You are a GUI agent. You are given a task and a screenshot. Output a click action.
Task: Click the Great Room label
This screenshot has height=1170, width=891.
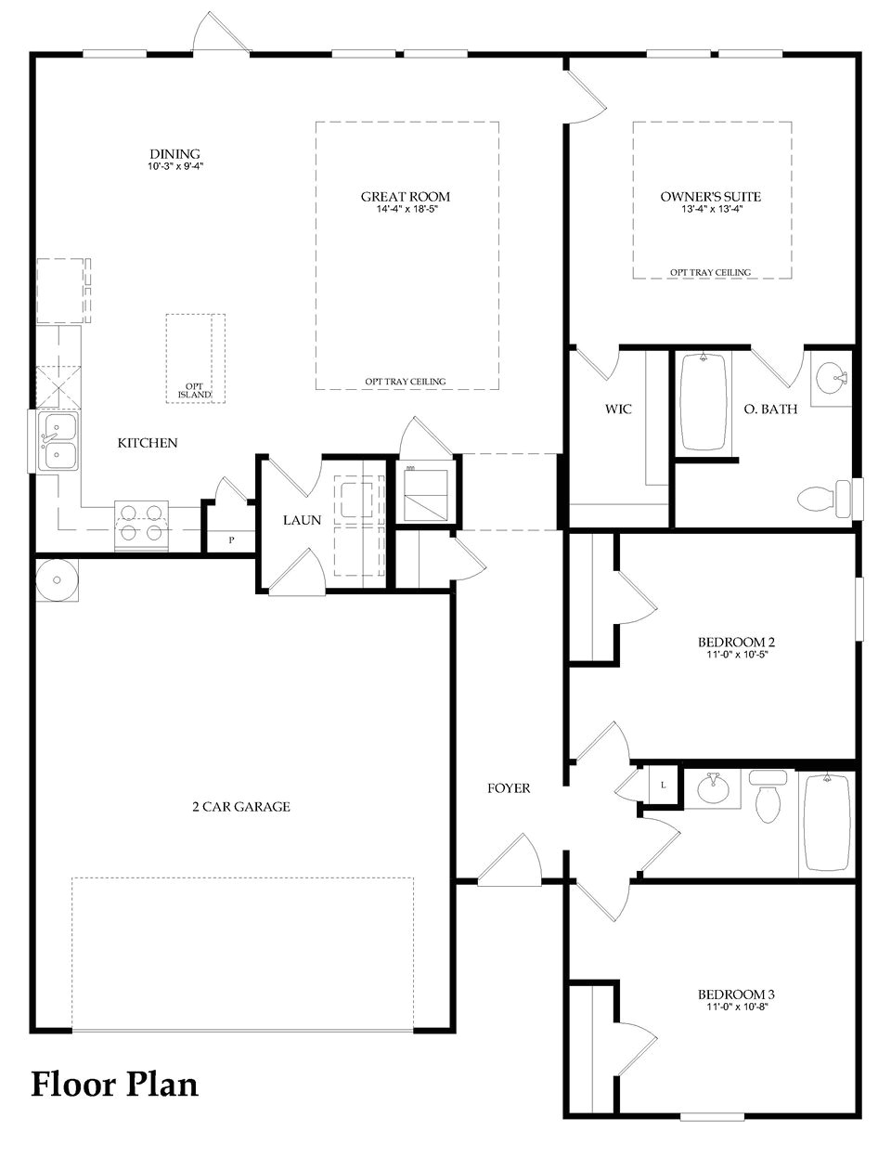pyautogui.click(x=406, y=196)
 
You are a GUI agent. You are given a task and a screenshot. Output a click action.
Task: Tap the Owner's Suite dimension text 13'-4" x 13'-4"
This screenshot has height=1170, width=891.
pyautogui.click(x=711, y=210)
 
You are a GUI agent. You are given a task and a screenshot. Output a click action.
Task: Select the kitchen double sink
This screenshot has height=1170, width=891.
pyautogui.click(x=58, y=442)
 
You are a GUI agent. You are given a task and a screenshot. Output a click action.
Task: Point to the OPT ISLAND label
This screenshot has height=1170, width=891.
pyautogui.click(x=195, y=391)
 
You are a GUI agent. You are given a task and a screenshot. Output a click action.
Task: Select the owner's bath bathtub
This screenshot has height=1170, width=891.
pyautogui.click(x=704, y=402)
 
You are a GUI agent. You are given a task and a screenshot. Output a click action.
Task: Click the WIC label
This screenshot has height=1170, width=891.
pyautogui.click(x=618, y=409)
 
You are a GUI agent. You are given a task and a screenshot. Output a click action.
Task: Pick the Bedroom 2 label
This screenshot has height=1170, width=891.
pyautogui.click(x=736, y=642)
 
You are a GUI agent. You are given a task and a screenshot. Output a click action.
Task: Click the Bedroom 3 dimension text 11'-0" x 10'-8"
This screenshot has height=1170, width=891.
pyautogui.click(x=736, y=1007)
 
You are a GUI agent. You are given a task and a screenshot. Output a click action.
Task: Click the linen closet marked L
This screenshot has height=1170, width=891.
pyautogui.click(x=663, y=785)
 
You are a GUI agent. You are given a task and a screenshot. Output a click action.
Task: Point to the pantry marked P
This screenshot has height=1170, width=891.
pyautogui.click(x=231, y=539)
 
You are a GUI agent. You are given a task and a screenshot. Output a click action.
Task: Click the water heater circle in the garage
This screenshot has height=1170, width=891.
pyautogui.click(x=58, y=580)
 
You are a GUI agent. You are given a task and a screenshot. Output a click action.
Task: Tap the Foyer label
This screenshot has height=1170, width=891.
pyautogui.click(x=509, y=788)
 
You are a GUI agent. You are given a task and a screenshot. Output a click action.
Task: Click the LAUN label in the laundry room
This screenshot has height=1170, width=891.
pyautogui.click(x=302, y=520)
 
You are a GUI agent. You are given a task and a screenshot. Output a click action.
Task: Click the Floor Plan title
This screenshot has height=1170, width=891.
pyautogui.click(x=115, y=1084)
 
